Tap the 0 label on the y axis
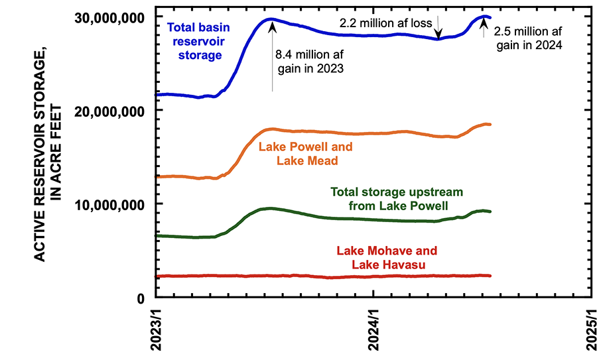[x=142, y=298]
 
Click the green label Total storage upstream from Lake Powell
[x=397, y=199]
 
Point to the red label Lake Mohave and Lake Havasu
[x=387, y=259]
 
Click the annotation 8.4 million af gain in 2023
[x=309, y=61]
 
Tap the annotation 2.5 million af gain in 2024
[x=528, y=39]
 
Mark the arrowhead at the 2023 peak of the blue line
[x=271, y=21]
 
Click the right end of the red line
[x=490, y=276]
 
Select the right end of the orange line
[x=490, y=125]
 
